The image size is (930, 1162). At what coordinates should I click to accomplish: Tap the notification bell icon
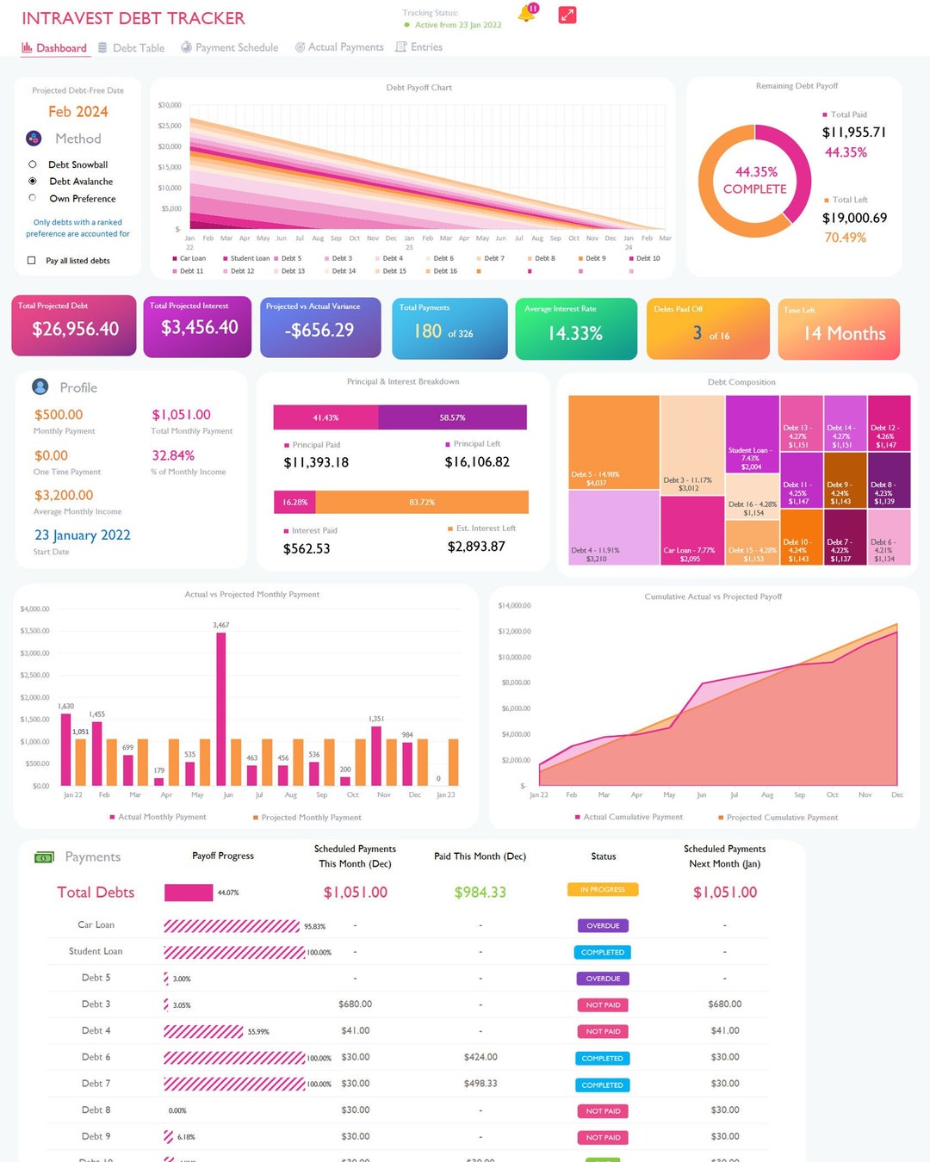(526, 15)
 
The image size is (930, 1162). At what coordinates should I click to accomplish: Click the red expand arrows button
(567, 15)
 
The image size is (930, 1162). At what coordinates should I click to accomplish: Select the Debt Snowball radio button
(33, 164)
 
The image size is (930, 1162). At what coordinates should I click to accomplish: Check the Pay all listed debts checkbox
(32, 261)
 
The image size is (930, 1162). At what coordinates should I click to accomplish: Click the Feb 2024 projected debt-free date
(77, 112)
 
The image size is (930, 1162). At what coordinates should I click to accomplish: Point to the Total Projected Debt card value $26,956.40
(75, 329)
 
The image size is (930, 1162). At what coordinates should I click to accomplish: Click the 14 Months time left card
(844, 333)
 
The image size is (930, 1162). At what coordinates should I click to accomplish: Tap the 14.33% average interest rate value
(575, 333)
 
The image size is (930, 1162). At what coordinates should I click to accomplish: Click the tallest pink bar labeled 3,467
(221, 706)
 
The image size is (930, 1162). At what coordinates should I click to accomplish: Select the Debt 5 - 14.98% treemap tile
(613, 442)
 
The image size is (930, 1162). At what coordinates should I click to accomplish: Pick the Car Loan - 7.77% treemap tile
(691, 530)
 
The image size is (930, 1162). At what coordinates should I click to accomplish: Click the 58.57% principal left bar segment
(452, 417)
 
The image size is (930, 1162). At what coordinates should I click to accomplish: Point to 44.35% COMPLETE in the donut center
(755, 181)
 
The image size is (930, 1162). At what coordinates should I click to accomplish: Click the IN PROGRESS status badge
(603, 889)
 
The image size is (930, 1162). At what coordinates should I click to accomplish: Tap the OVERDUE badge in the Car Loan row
(603, 926)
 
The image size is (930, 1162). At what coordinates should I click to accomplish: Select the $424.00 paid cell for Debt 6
(480, 1057)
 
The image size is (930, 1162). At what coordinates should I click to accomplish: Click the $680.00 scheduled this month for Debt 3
(355, 1004)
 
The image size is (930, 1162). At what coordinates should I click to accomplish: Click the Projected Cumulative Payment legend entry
(781, 818)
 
